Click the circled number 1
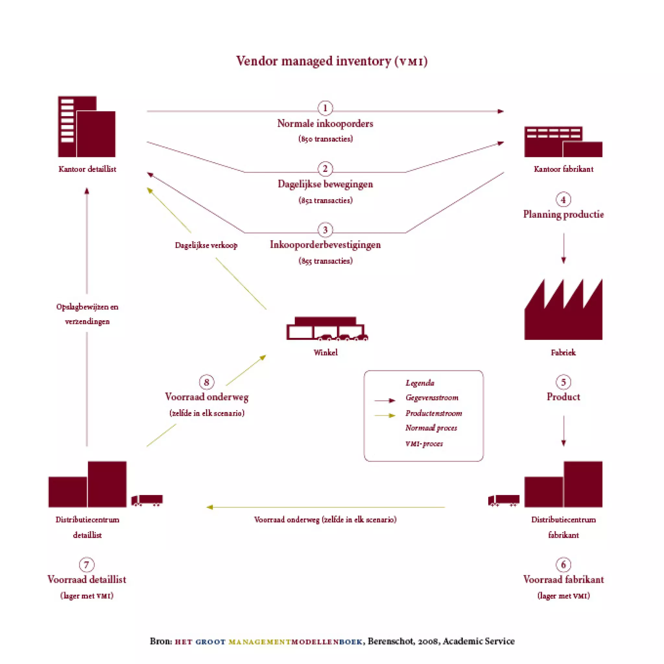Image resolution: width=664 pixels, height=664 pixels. (x=325, y=108)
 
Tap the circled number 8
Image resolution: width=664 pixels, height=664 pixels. (x=207, y=382)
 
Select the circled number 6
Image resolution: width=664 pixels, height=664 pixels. (x=563, y=564)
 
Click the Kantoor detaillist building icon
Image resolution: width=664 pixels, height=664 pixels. (x=87, y=126)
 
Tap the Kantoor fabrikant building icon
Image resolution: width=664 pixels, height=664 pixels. (x=563, y=142)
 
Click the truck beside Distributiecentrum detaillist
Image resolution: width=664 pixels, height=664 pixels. (x=147, y=500)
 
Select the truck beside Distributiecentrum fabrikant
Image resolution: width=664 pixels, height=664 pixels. (x=504, y=500)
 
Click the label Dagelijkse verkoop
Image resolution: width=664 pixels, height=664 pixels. (x=206, y=245)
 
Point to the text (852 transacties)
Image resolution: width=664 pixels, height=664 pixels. (x=325, y=200)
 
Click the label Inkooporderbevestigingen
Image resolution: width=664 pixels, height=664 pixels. (x=325, y=245)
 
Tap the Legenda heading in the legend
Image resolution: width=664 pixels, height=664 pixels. (x=420, y=383)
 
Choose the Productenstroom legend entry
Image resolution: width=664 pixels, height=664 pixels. (x=433, y=413)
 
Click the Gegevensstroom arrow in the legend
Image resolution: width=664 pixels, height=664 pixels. (x=385, y=400)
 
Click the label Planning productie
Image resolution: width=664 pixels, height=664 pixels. (x=563, y=214)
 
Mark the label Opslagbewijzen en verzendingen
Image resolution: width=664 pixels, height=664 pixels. (x=87, y=314)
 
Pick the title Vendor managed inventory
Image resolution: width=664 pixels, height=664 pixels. (x=332, y=61)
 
